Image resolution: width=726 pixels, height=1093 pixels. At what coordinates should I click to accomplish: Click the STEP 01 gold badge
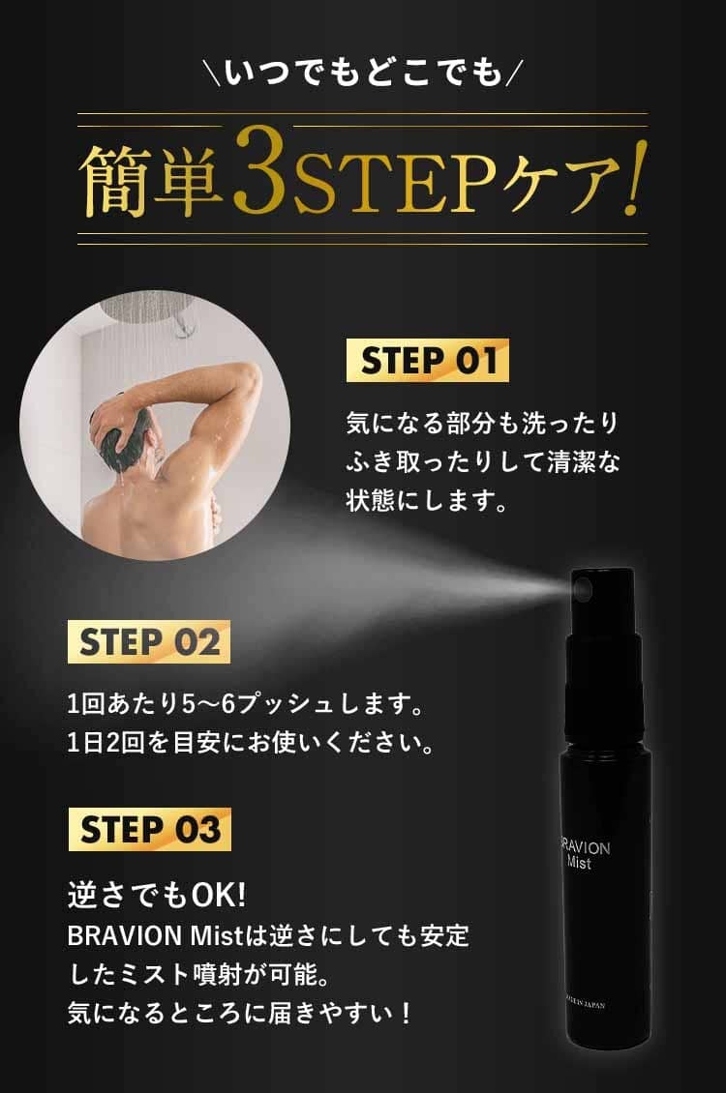(428, 360)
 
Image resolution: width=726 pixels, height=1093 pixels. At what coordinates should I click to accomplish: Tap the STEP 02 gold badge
(148, 642)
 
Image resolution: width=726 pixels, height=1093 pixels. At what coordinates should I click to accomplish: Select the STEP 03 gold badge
(149, 830)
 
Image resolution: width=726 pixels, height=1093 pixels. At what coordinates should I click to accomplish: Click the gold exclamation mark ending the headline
(632, 177)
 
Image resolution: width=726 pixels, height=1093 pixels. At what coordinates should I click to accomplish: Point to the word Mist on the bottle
(579, 864)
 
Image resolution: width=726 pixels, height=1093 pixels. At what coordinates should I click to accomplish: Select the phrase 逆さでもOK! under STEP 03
(157, 895)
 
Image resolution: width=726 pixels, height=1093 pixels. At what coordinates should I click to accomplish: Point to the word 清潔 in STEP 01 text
(571, 461)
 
